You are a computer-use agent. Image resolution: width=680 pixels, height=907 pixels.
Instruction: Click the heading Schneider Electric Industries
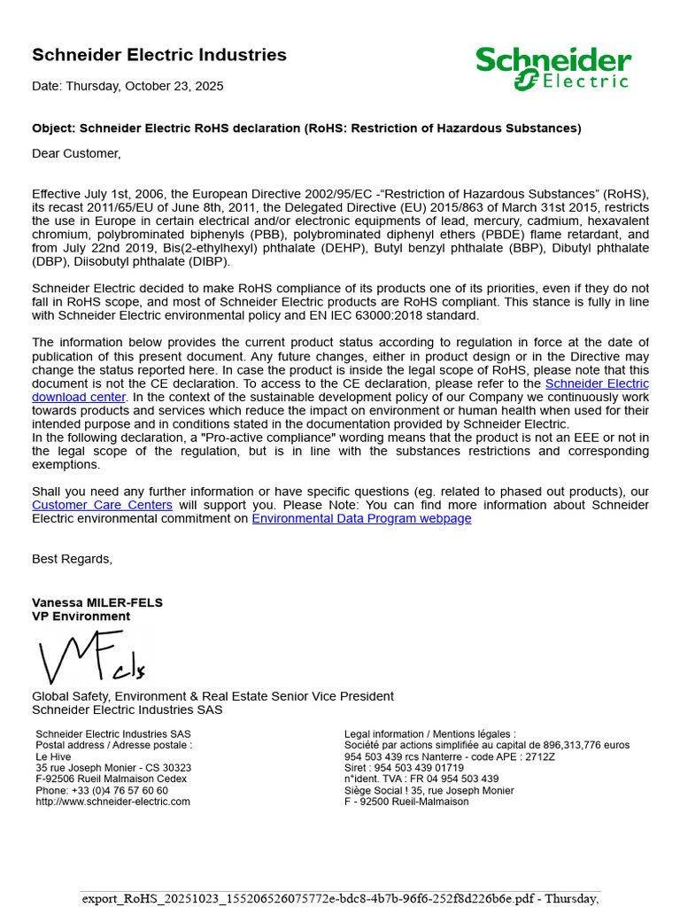159,55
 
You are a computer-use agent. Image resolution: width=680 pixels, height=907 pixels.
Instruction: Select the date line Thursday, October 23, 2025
127,86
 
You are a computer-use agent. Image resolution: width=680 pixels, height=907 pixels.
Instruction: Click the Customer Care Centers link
102,505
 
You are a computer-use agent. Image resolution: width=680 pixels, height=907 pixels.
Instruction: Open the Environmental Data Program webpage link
361,518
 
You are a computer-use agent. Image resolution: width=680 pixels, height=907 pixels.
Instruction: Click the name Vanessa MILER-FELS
97,602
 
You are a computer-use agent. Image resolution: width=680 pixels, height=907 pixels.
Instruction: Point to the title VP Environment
81,616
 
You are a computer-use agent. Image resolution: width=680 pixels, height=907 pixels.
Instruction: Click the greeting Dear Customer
76,153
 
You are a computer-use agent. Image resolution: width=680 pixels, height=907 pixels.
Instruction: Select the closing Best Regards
73,559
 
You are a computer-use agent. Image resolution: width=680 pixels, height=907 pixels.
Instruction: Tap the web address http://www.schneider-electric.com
112,802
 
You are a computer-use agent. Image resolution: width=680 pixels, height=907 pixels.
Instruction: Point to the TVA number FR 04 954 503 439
447,779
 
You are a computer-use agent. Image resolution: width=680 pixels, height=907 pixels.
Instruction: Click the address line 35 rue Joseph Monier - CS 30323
113,768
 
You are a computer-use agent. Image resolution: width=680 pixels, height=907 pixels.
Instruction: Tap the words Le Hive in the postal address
53,756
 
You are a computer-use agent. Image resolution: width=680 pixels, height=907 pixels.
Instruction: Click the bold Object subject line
306,128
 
